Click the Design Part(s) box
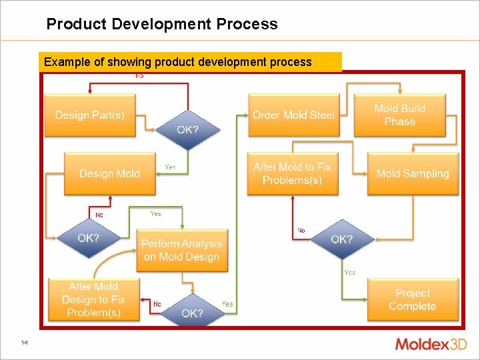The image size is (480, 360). click(89, 115)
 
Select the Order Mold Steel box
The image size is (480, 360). click(293, 115)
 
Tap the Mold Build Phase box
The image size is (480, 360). click(399, 115)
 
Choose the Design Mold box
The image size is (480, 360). click(109, 173)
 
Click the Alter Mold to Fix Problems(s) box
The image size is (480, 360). click(292, 173)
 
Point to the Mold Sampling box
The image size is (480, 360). click(413, 173)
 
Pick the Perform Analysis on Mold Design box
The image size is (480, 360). click(181, 250)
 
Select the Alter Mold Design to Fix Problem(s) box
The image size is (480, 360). click(93, 299)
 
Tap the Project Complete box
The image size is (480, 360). click(413, 299)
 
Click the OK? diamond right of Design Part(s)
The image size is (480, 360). click(187, 130)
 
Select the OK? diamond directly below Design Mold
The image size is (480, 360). click(89, 238)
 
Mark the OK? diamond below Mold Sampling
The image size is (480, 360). click(342, 239)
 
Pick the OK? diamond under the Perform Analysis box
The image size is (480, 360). click(192, 312)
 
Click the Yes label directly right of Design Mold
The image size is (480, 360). click(171, 167)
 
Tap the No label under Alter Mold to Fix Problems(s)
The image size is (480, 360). click(301, 231)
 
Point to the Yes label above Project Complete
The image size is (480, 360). click(349, 272)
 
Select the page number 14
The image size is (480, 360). click(24, 343)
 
